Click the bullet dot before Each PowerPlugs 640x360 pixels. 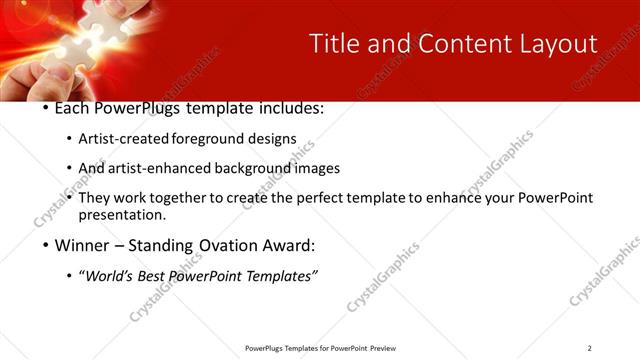(46, 108)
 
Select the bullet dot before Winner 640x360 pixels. (46, 245)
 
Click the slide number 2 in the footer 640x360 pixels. (590, 348)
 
